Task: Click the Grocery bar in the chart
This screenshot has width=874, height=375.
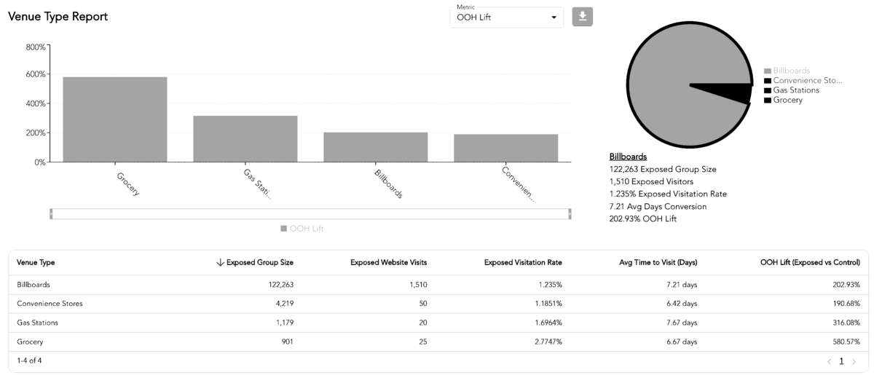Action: point(114,119)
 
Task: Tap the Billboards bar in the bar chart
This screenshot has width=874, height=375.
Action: point(375,147)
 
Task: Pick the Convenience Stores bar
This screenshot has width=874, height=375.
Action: point(505,148)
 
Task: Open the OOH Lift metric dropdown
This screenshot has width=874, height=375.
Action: point(506,17)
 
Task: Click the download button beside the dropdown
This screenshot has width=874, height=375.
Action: point(582,17)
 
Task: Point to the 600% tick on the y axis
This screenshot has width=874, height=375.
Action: point(36,74)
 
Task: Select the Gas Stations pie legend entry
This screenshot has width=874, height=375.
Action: point(795,90)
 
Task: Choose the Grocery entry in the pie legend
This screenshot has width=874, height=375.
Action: point(787,100)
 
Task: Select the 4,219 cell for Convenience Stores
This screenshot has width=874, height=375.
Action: point(281,304)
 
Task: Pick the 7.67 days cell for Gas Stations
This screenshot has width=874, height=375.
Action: point(681,323)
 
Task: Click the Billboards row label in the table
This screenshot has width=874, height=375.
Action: point(34,285)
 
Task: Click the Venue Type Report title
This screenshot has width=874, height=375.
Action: point(58,17)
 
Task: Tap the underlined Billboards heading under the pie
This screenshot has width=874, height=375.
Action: point(628,157)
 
